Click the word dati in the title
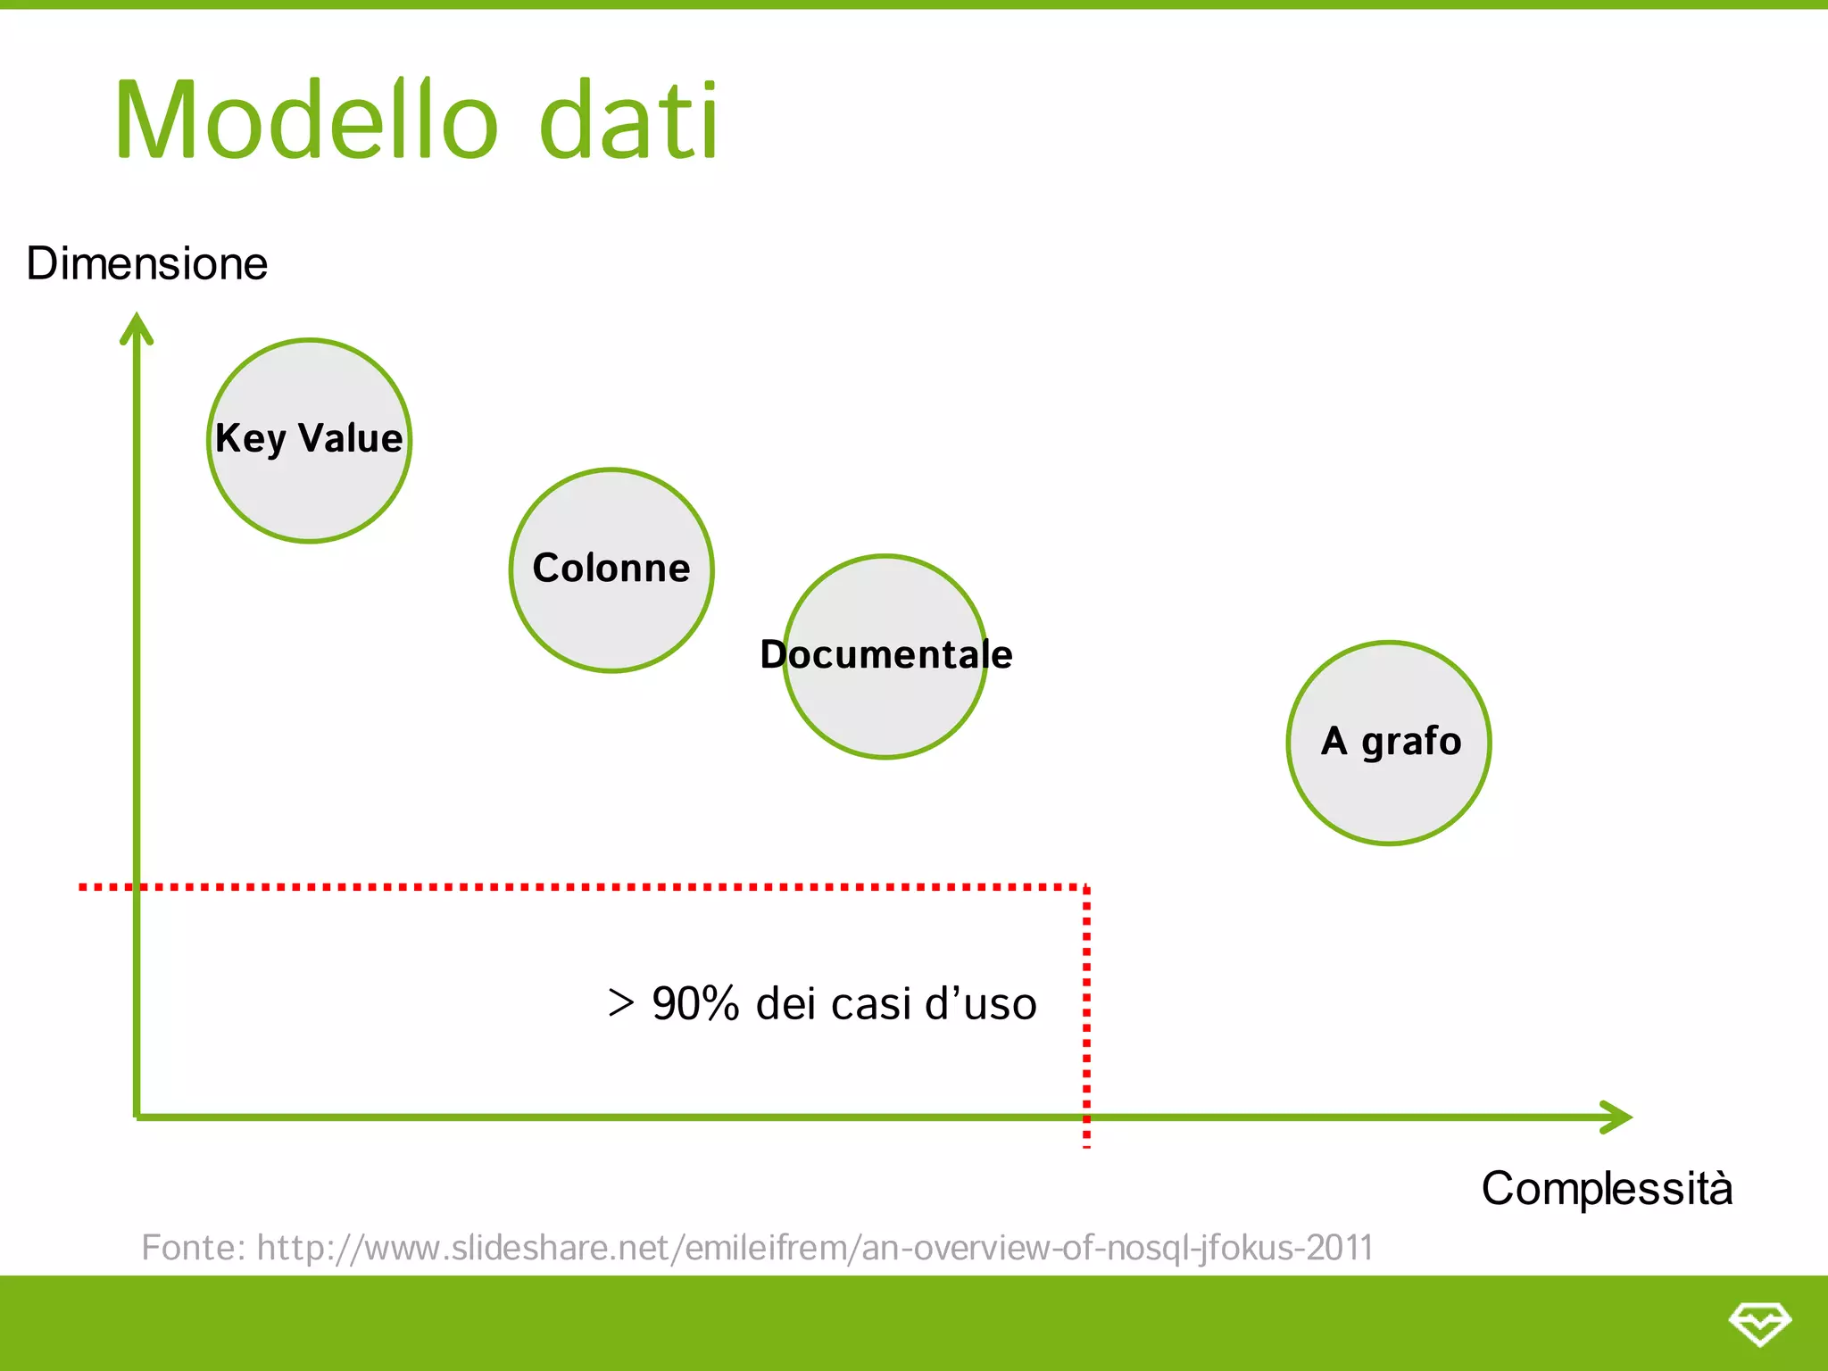click(x=629, y=120)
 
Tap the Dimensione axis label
click(x=147, y=264)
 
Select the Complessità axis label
click(x=1607, y=1189)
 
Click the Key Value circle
click(x=309, y=440)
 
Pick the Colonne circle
click(x=611, y=569)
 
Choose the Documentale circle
click(x=885, y=657)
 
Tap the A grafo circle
click(x=1389, y=743)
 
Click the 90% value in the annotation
click(x=696, y=1003)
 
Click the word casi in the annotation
click(x=870, y=1003)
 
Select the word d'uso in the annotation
click(x=981, y=1003)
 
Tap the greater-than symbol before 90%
click(x=621, y=1003)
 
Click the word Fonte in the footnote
click(x=191, y=1247)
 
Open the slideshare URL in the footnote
click(x=814, y=1247)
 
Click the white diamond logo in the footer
click(x=1759, y=1323)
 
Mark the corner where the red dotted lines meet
click(x=1086, y=887)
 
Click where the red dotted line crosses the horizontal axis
click(x=1086, y=1117)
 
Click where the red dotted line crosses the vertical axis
click(x=137, y=887)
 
